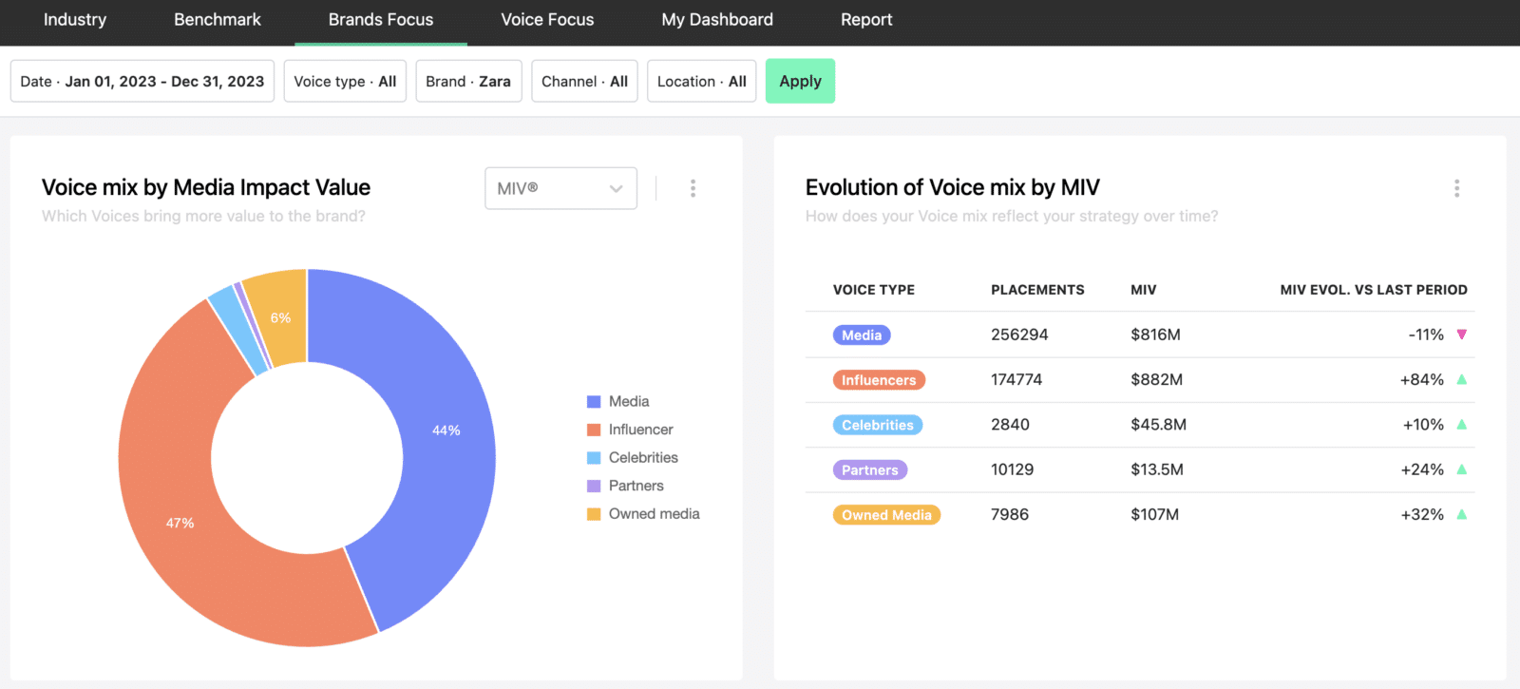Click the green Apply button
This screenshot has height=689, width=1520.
click(x=800, y=81)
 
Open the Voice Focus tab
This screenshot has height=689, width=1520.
click(x=547, y=20)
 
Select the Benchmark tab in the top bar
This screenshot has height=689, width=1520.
click(x=218, y=20)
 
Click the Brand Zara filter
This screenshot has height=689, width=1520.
click(x=468, y=81)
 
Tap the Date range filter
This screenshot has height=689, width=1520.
click(x=142, y=81)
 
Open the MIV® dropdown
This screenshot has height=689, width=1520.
click(x=560, y=188)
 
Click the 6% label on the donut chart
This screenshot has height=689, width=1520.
click(x=280, y=317)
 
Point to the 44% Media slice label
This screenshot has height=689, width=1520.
click(x=446, y=431)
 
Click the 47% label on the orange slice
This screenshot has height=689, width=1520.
click(x=180, y=523)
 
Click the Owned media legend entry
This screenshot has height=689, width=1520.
click(x=643, y=514)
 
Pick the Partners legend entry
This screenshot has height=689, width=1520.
click(x=625, y=486)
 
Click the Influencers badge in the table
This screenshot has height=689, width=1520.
click(x=879, y=379)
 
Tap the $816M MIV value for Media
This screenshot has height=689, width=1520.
click(x=1155, y=335)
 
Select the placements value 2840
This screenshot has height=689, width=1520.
click(x=1010, y=424)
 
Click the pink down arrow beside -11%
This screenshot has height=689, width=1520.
click(x=1462, y=335)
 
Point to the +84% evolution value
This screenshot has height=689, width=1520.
click(x=1421, y=379)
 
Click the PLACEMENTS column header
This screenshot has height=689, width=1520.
click(x=1037, y=290)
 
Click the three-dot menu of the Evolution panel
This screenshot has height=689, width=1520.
click(x=1457, y=189)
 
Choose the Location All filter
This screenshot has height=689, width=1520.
click(x=702, y=81)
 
